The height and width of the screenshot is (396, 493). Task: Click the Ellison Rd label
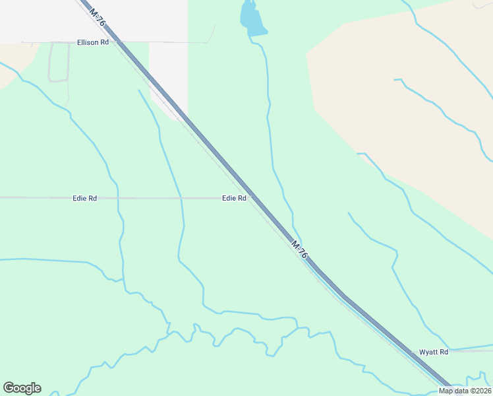[x=92, y=42]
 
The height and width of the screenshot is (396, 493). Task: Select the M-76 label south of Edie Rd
[x=300, y=249]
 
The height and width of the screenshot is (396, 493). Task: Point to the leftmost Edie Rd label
[x=84, y=198]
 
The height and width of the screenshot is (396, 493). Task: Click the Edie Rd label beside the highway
[x=234, y=198]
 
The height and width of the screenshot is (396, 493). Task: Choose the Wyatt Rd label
[x=434, y=352]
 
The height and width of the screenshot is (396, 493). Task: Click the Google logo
[x=22, y=388]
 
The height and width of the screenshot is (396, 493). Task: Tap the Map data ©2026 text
[x=465, y=391]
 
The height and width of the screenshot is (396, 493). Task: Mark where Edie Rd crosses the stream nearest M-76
[x=181, y=198]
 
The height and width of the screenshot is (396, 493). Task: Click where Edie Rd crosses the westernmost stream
[x=118, y=198]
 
